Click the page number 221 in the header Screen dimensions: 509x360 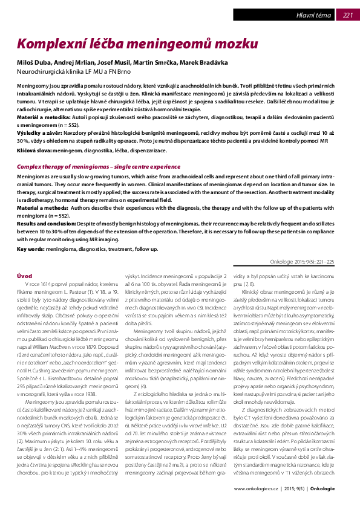coord(347,15)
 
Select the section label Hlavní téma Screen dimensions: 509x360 coord(313,15)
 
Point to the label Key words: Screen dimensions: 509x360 coord(30,248)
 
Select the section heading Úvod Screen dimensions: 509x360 coord(24,276)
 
